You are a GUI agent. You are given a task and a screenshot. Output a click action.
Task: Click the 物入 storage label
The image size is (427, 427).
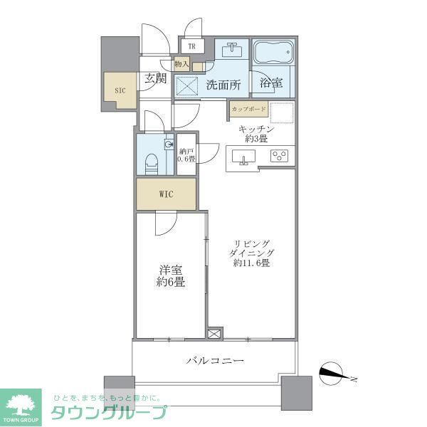pyautogui.click(x=181, y=65)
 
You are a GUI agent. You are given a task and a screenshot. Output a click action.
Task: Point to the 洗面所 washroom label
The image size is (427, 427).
pyautogui.click(x=223, y=85)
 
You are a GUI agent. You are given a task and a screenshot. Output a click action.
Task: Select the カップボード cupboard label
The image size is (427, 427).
pyautogui.click(x=248, y=109)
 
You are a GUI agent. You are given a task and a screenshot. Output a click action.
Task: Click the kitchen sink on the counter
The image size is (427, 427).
pyautogui.click(x=245, y=157)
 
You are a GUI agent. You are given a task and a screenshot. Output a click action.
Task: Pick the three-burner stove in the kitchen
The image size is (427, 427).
pyautogui.click(x=279, y=156)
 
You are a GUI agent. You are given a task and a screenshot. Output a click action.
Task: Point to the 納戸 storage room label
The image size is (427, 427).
pyautogui.click(x=186, y=154)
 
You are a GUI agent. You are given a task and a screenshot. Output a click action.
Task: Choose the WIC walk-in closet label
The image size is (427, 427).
pyautogui.click(x=166, y=194)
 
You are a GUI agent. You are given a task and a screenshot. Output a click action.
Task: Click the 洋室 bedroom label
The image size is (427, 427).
pyautogui.click(x=172, y=276)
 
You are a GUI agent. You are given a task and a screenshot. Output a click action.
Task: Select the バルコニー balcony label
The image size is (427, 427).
pyautogui.click(x=215, y=361)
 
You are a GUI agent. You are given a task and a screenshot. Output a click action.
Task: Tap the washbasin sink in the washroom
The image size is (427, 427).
pyautogui.click(x=232, y=51)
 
